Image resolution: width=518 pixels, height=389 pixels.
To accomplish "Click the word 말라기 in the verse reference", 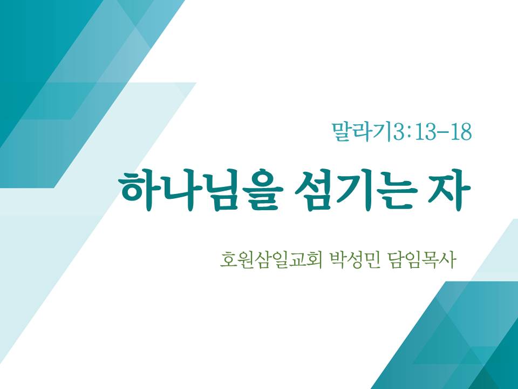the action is tap(362, 132).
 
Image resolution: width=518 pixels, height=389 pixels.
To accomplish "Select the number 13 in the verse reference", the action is tap(426, 132).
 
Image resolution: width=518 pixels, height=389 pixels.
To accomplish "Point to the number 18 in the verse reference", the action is tap(460, 132).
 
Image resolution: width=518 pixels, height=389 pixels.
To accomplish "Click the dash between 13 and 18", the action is tap(444, 133).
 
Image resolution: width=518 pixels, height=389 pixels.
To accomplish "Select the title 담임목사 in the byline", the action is tap(422, 260).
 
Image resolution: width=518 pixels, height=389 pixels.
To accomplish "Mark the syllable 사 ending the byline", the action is tap(448, 260).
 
